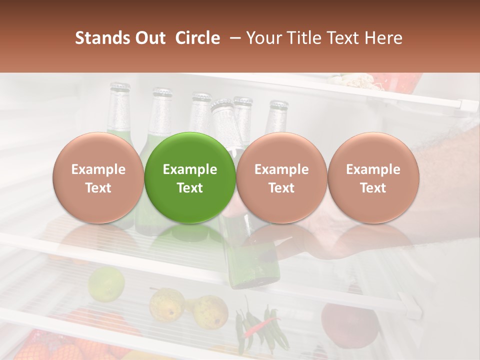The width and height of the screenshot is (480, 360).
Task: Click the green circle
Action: coord(190,177)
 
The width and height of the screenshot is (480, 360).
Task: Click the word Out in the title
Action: coord(149,38)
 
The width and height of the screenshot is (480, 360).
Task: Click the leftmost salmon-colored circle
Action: coord(98,177)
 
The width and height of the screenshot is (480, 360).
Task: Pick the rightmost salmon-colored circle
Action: coord(373,177)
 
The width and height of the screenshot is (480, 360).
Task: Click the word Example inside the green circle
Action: coord(190,169)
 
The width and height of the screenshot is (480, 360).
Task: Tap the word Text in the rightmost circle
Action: coord(373,188)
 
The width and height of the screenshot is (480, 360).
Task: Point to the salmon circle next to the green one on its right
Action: coord(281,177)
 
